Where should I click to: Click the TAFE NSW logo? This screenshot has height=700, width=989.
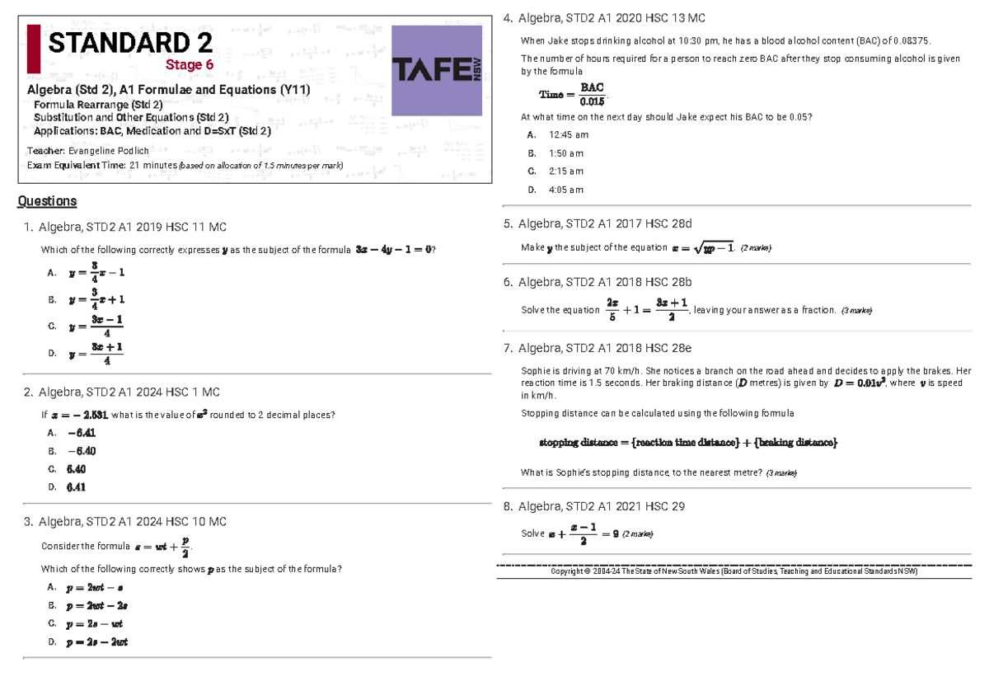click(437, 70)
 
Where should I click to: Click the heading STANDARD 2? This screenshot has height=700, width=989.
click(129, 43)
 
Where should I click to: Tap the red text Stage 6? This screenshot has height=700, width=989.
click(190, 64)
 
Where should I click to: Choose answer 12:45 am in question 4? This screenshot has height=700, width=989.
click(568, 135)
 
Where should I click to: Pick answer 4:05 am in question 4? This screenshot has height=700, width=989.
click(565, 190)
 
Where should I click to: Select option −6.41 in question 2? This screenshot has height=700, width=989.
click(82, 432)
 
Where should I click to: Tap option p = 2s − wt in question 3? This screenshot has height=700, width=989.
click(95, 623)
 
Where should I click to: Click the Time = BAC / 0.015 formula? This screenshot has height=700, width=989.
click(572, 94)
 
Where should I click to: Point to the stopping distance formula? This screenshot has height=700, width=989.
click(688, 443)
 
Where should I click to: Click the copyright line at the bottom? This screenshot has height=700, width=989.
click(734, 571)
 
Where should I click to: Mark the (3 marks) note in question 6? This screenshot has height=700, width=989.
click(855, 310)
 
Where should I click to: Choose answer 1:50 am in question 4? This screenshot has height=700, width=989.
click(565, 153)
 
